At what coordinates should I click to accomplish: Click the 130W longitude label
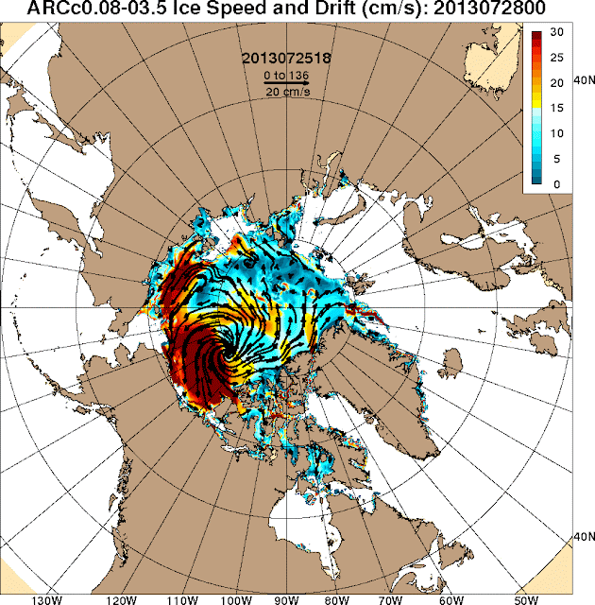pyautogui.click(x=46, y=597)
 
